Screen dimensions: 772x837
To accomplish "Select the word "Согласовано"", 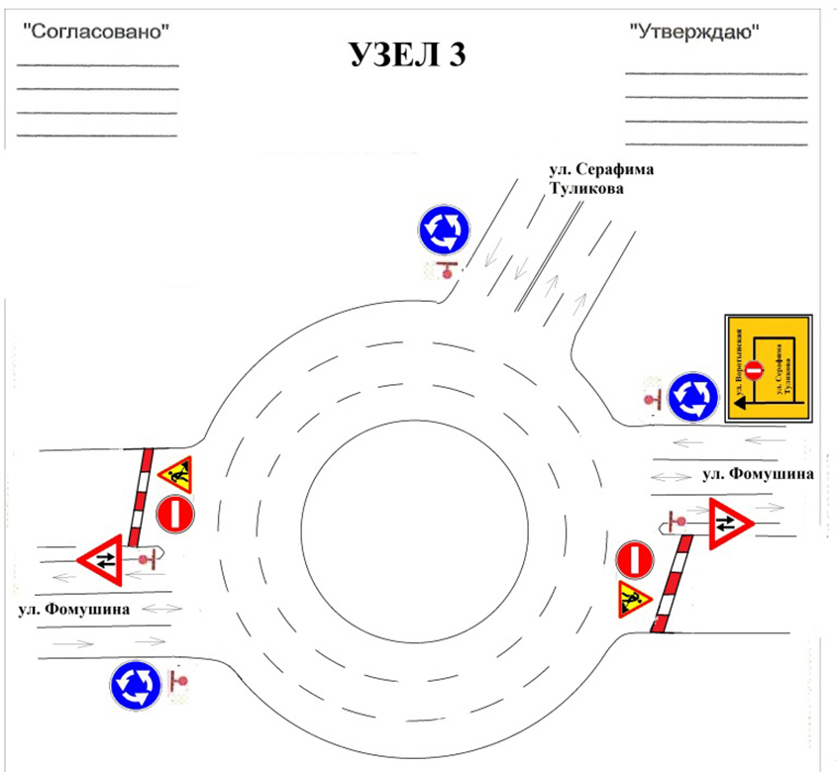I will (x=95, y=31).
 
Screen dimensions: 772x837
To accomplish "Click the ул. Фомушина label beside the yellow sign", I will (x=757, y=475).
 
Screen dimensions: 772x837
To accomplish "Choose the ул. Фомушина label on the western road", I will (x=73, y=610).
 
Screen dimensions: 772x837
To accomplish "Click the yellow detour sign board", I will (x=768, y=368).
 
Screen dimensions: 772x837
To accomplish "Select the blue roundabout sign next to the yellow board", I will (x=691, y=397).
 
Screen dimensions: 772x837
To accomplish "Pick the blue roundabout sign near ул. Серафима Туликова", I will (x=443, y=231).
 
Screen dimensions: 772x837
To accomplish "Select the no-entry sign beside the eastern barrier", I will (x=635, y=559).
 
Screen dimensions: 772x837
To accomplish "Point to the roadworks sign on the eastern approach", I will (x=631, y=599).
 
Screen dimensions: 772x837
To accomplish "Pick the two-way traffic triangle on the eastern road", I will (x=729, y=521).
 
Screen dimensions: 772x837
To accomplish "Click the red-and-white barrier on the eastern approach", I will (x=671, y=584).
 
